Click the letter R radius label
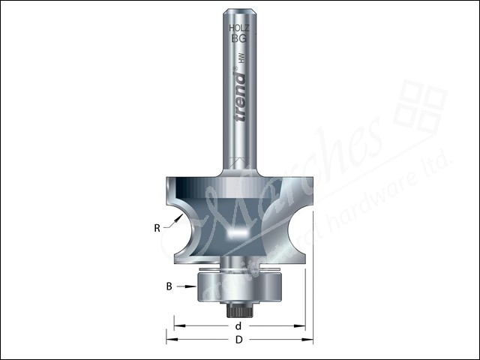click(158, 228)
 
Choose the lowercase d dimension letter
click(238, 325)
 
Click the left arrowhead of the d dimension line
click(178, 325)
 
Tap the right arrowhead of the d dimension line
click(301, 325)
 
